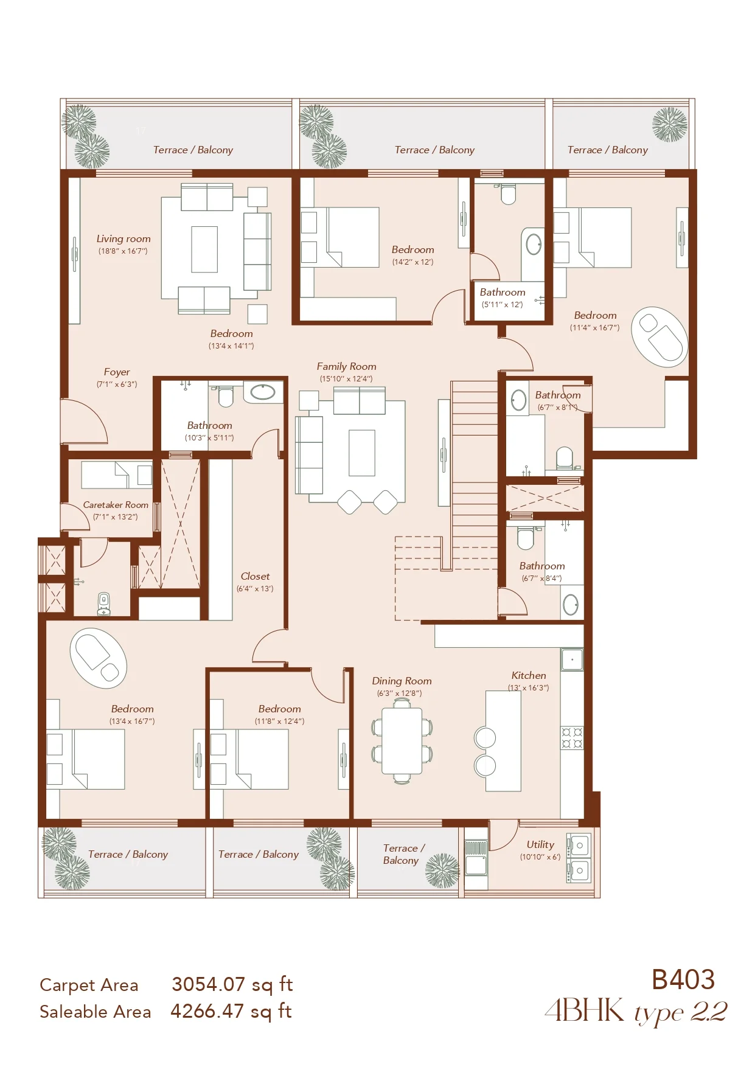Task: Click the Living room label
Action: tap(124, 239)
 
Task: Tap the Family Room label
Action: tap(346, 366)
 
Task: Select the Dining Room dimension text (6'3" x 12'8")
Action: tap(399, 693)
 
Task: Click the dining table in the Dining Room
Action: tap(402, 740)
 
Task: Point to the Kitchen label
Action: tap(529, 675)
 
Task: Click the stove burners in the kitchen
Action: tap(572, 738)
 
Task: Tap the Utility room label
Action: tap(540, 844)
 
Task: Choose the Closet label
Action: tap(255, 576)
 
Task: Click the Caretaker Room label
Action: tap(116, 505)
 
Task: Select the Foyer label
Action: tap(117, 372)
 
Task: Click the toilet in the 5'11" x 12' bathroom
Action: tap(508, 194)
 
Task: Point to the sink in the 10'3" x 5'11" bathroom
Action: tap(263, 392)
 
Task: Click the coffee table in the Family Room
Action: tap(361, 453)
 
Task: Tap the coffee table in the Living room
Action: tap(204, 249)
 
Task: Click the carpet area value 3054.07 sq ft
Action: tap(232, 984)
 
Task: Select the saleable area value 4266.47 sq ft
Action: tap(231, 1011)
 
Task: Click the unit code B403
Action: tap(683, 980)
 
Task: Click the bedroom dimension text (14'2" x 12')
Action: tap(412, 262)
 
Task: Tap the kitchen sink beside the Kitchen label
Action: tap(572, 659)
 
